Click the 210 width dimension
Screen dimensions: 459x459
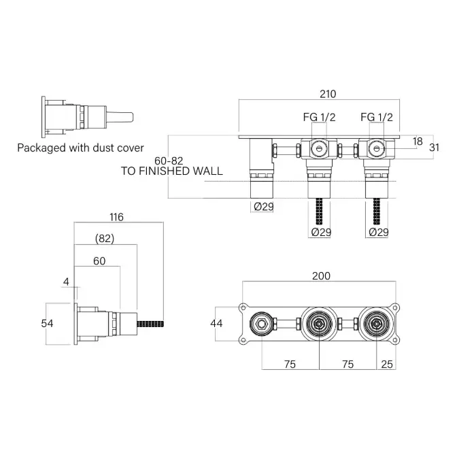point(328,95)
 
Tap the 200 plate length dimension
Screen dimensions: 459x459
point(321,276)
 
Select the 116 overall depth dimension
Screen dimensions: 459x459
point(116,217)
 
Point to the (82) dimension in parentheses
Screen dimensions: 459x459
point(105,239)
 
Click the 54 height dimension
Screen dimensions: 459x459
point(47,324)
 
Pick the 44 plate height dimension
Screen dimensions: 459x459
point(216,324)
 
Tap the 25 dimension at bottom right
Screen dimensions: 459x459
point(387,364)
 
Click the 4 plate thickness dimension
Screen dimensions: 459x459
point(66,282)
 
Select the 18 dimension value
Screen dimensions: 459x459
point(418,141)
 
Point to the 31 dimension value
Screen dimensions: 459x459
point(434,148)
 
